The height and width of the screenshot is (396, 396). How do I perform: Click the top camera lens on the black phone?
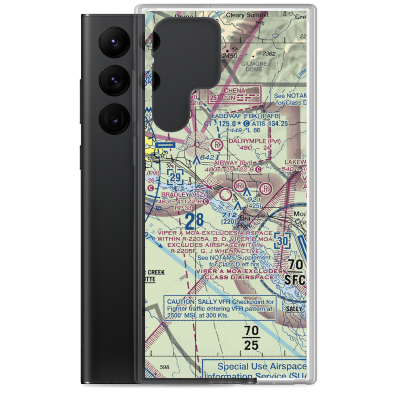coord(112,42)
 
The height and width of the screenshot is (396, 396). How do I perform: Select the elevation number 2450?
coord(229,56)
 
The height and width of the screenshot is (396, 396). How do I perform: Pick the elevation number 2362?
coord(268,53)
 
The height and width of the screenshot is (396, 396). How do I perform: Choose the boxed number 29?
coord(175,177)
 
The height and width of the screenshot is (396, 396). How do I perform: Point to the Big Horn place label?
coord(245,222)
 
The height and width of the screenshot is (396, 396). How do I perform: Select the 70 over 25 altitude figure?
coord(251,337)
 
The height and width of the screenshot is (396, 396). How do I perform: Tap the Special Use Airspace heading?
coord(261,366)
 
